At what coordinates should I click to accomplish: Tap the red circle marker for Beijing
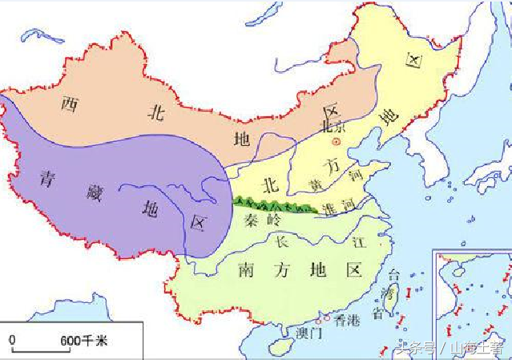(337, 140)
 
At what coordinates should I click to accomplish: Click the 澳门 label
(309, 331)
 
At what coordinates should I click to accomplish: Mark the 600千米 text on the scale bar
(83, 342)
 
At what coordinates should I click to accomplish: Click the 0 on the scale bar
(13, 341)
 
